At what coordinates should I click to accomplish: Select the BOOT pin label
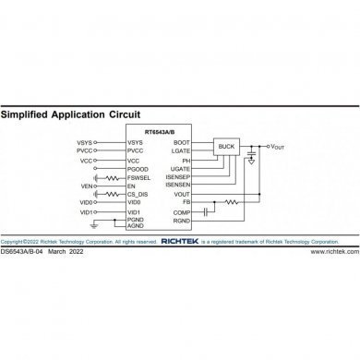click(182, 141)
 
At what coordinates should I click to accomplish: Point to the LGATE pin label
click(180, 150)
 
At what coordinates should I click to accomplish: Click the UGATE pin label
click(180, 168)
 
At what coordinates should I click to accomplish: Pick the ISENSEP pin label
click(177, 176)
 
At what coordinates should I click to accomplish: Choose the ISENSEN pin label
click(177, 185)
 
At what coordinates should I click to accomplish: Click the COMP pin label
click(181, 211)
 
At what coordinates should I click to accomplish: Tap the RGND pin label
click(181, 221)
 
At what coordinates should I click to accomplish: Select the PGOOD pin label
click(138, 168)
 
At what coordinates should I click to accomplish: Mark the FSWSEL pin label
click(138, 176)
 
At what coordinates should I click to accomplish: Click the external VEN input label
click(88, 186)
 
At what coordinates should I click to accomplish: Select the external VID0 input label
click(87, 203)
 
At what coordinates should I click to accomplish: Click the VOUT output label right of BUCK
click(281, 147)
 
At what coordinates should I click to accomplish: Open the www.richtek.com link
click(333, 251)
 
